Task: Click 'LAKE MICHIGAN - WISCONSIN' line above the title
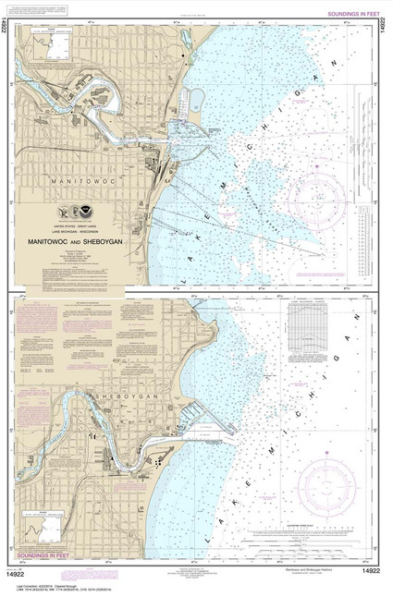77,228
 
